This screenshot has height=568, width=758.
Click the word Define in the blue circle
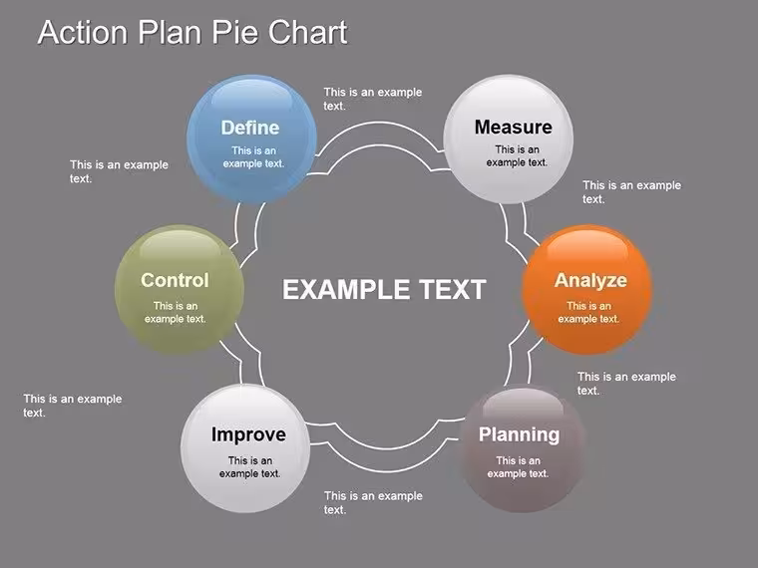250,128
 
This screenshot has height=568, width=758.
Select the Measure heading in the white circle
513,127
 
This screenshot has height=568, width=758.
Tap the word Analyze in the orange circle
590,281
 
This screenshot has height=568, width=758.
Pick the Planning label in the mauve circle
519,434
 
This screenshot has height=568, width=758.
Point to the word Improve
248,434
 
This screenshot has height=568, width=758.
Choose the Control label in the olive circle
175,280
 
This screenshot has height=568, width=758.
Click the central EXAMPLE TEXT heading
384,289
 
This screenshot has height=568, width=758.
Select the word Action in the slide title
82,32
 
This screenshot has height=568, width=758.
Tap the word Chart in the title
307,32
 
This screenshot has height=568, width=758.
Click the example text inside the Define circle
253,157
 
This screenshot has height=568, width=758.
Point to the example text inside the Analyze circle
588,312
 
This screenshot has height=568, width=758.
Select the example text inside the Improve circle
249,467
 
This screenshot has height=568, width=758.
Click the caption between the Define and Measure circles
373,99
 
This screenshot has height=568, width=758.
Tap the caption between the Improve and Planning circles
373,502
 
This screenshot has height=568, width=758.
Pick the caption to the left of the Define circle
119,171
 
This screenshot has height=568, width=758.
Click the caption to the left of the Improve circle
73,406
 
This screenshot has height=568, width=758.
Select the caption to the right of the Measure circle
631,191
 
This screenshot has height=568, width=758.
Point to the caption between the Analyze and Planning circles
626,383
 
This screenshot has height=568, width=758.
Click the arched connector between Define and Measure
379,123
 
